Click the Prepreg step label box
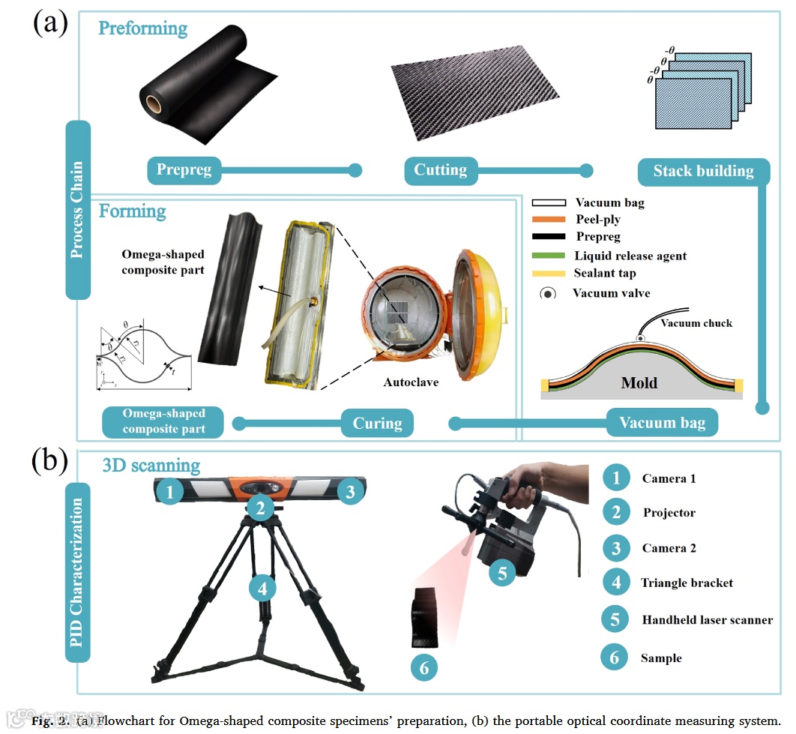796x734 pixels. click(184, 170)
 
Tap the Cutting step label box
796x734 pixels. click(441, 170)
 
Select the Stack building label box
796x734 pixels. click(703, 172)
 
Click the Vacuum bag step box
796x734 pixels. click(662, 423)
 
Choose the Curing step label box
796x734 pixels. click(377, 424)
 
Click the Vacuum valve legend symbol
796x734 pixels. click(549, 293)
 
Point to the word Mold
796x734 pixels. click(639, 383)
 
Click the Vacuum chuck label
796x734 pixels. click(696, 323)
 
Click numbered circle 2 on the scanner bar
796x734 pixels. click(260, 508)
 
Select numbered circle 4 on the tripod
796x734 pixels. click(262, 589)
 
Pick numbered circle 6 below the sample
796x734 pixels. click(423, 667)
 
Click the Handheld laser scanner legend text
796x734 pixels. click(707, 620)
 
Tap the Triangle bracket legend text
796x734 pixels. click(687, 583)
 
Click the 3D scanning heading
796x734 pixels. click(151, 466)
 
